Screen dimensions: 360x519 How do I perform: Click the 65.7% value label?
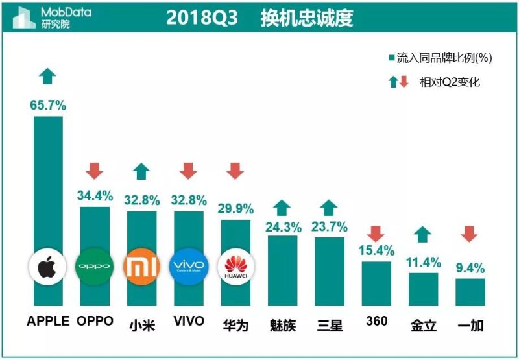[48, 104]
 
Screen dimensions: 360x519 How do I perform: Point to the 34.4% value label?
[95, 195]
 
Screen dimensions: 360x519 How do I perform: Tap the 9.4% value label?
[470, 266]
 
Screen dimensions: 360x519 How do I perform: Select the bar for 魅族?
[283, 269]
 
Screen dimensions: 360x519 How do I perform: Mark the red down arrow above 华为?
[235, 171]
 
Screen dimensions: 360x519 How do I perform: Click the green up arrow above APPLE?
[47, 76]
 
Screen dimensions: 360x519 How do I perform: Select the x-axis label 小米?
[141, 324]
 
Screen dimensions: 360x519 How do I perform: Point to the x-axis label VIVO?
[189, 322]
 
